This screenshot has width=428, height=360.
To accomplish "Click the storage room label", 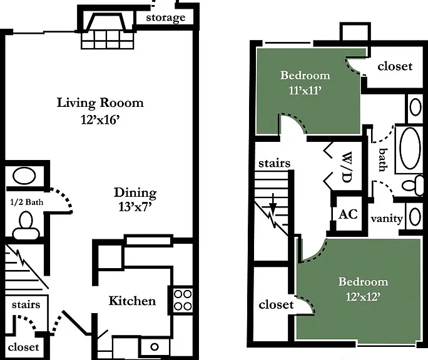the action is (x=166, y=17).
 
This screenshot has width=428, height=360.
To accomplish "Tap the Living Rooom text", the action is (x=100, y=103).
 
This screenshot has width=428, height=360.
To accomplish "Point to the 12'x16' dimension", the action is (x=100, y=119).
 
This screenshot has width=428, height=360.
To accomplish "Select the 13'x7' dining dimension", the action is (x=135, y=207).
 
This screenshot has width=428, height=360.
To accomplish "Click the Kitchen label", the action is (x=133, y=301).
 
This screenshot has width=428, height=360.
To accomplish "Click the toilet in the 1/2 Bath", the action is (x=26, y=226).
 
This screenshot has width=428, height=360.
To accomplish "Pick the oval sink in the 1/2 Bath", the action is (x=24, y=176).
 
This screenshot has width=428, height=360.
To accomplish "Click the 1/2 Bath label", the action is (x=26, y=202).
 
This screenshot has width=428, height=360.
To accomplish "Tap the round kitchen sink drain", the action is (x=155, y=347).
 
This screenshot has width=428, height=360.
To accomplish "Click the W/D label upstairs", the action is (x=347, y=167).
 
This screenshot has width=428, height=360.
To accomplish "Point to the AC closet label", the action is (x=348, y=214).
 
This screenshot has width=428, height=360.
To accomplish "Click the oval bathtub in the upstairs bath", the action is (x=410, y=148).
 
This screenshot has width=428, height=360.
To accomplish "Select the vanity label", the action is (x=387, y=219).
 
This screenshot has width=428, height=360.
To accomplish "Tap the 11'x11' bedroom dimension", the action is (x=305, y=90).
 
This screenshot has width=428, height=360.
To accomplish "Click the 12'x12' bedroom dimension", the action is (x=363, y=296).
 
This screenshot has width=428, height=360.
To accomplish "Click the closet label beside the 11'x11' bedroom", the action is (x=395, y=66).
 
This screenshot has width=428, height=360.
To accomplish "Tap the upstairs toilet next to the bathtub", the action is (x=413, y=185).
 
